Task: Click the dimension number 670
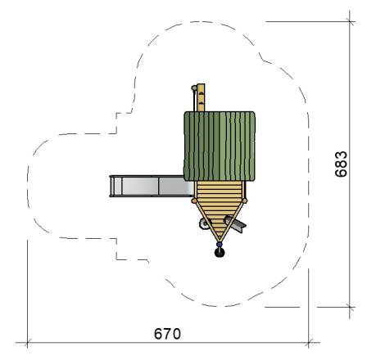pos(167,333)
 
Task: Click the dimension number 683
pos(342,164)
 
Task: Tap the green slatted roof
pos(220,146)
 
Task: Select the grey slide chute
pos(152,186)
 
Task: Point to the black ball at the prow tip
pos(220,253)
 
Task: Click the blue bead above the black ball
pos(220,244)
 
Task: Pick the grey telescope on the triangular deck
pos(235,223)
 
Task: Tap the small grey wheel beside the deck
pos(203,224)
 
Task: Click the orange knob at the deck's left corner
pos(194,201)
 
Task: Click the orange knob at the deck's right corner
pos(245,201)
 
